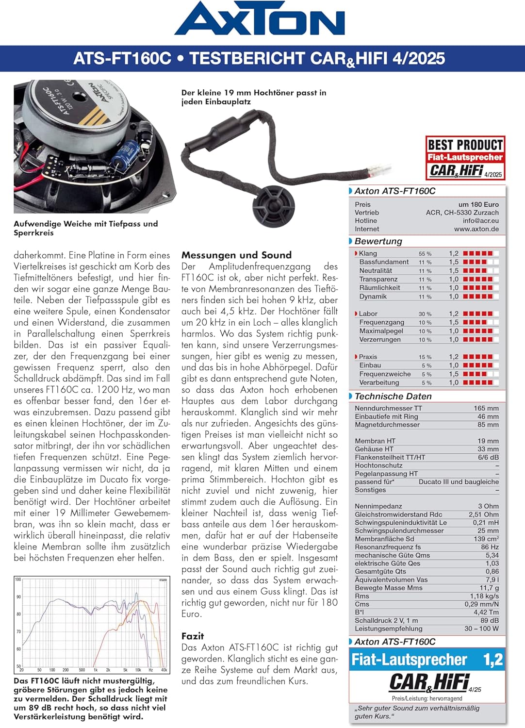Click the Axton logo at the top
coord(260,19)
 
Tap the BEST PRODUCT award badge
coord(465,158)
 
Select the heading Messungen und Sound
coord(236,255)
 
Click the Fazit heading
coord(193,636)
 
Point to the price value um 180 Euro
coord(478,204)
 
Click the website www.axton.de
coord(476,229)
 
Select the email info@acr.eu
coord(480,221)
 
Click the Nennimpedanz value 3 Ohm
coord(488,506)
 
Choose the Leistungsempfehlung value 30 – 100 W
coord(481,629)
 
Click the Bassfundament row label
coord(384,262)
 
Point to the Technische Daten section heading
coord(393,397)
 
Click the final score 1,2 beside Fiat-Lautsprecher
coord(493,660)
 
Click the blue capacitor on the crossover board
coord(119,154)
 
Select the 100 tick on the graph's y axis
coord(18,579)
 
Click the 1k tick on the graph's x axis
coord(96,670)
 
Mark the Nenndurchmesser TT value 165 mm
coord(486,408)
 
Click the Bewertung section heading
coord(378,241)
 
